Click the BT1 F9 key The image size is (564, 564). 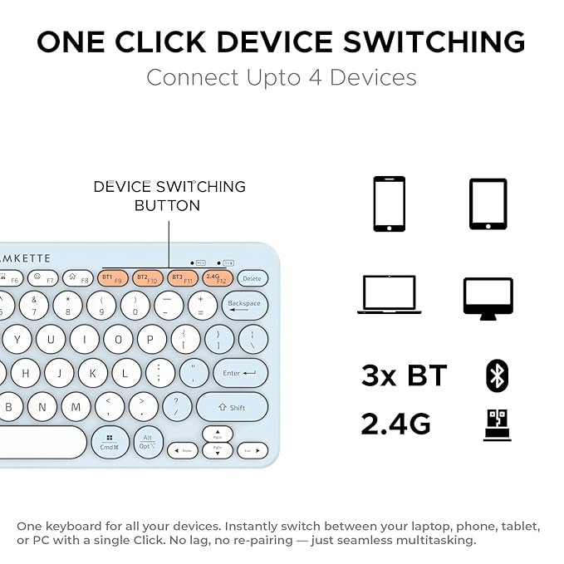[112, 277]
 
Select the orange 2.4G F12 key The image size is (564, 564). [217, 277]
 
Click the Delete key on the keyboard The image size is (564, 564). [252, 278]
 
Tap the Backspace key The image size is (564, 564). [244, 305]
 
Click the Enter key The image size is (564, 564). [240, 373]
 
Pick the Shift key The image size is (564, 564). [232, 407]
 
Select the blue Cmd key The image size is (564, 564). [110, 442]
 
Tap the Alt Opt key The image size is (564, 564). [148, 441]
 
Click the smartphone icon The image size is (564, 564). [389, 204]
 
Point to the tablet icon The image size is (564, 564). [488, 204]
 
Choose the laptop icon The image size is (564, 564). [389, 295]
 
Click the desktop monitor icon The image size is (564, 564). [488, 297]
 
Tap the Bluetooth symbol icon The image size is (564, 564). [497, 375]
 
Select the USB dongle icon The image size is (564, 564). [497, 424]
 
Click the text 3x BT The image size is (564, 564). [404, 376]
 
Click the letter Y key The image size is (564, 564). [17, 339]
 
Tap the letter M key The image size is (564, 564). [76, 407]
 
